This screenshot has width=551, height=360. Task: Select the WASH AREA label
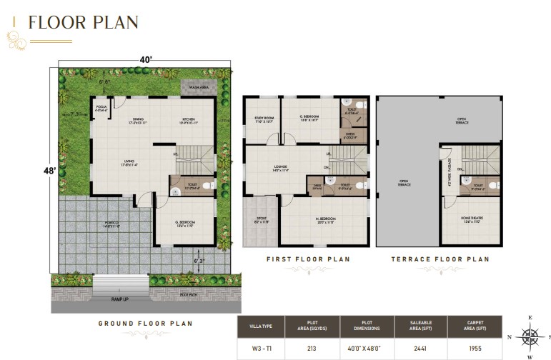coord(198,88)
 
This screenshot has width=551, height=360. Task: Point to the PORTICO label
coord(112,224)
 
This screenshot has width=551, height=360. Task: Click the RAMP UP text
coord(120,299)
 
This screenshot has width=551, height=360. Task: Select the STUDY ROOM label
coord(264,119)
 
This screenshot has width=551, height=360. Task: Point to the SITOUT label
coord(261,221)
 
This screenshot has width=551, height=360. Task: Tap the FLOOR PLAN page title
coord(83,22)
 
